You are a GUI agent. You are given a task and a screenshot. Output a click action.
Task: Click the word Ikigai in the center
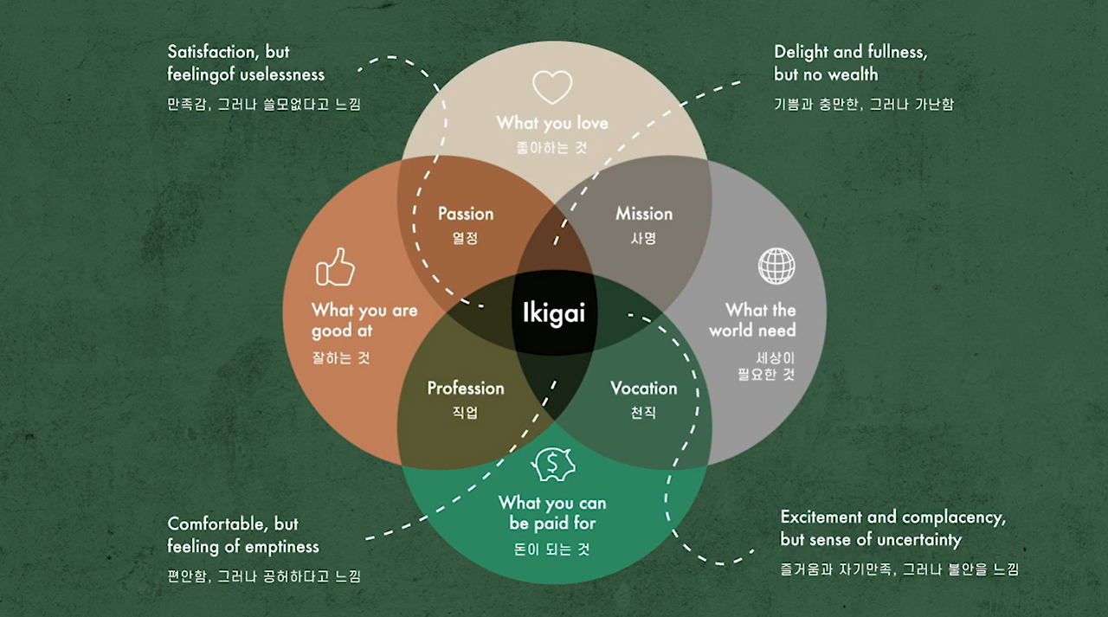click(554, 312)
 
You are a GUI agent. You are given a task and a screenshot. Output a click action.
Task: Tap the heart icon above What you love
click(552, 87)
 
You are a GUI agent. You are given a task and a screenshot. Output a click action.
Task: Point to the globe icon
click(776, 266)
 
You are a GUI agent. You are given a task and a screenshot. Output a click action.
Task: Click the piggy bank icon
click(554, 465)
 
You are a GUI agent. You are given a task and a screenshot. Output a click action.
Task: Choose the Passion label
click(466, 214)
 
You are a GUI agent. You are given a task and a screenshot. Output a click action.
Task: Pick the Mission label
click(643, 214)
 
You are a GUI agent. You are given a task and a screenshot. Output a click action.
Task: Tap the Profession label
click(466, 389)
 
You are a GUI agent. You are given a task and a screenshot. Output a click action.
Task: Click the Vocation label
click(643, 389)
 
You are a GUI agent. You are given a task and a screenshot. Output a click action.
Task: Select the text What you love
click(552, 123)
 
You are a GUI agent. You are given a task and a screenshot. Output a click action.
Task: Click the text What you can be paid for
click(552, 513)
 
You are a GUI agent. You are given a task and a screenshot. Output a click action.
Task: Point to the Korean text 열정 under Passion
click(466, 238)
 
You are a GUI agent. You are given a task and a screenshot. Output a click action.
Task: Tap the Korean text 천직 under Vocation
click(643, 413)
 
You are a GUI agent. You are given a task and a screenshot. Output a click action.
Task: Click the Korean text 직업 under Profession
click(466, 413)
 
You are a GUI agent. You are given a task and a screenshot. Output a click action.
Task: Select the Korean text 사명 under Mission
click(643, 238)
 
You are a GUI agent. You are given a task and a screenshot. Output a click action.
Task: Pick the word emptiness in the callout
click(282, 547)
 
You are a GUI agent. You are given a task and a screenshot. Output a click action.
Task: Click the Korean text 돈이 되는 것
click(551, 549)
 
